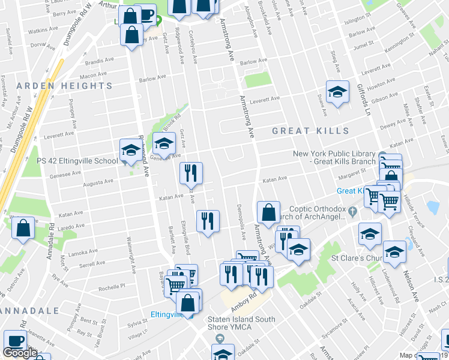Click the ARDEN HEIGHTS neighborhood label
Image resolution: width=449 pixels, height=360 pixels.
click(x=64, y=86)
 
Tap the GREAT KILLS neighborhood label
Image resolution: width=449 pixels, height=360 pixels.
click(x=310, y=131)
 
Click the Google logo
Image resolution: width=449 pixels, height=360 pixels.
click(x=20, y=353)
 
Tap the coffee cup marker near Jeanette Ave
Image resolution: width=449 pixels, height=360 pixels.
click(x=16, y=341)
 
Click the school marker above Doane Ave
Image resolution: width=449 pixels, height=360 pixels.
click(x=337, y=92)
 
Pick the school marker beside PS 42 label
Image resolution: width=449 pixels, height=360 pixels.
click(x=130, y=151)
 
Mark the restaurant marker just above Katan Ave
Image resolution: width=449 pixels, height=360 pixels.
click(x=191, y=173)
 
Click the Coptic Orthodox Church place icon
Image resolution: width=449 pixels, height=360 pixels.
click(x=352, y=212)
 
